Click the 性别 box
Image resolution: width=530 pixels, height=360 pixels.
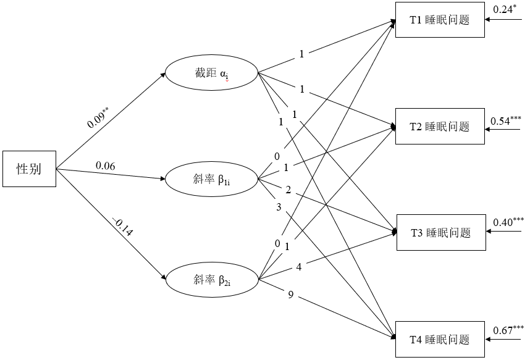pyautogui.click(x=29, y=168)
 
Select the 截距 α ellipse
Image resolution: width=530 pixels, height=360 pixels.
pyautogui.click(x=211, y=74)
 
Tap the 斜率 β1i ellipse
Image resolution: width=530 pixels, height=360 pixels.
pyautogui.click(x=211, y=180)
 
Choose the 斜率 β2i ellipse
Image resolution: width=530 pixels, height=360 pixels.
pyautogui.click(x=211, y=280)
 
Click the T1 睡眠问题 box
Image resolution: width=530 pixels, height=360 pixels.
pyautogui.click(x=439, y=20)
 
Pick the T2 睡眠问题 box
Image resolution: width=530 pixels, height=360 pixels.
pyautogui.click(x=439, y=127)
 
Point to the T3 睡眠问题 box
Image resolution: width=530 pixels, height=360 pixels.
pyautogui.click(x=439, y=233)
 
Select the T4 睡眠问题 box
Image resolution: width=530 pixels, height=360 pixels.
pyautogui.click(x=439, y=339)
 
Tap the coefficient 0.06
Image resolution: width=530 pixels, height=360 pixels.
pyautogui.click(x=106, y=165)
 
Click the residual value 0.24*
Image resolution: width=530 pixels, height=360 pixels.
pyautogui.click(x=504, y=9)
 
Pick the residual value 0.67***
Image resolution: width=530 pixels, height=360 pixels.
pyautogui.click(x=508, y=329)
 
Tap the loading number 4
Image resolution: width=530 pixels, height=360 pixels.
pyautogui.click(x=298, y=267)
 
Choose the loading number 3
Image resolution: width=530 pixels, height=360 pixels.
pyautogui.click(x=279, y=207)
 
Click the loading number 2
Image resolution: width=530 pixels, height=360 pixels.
pyautogui.click(x=288, y=188)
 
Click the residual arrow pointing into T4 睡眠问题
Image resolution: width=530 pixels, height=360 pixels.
pyautogui.click(x=503, y=339)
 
